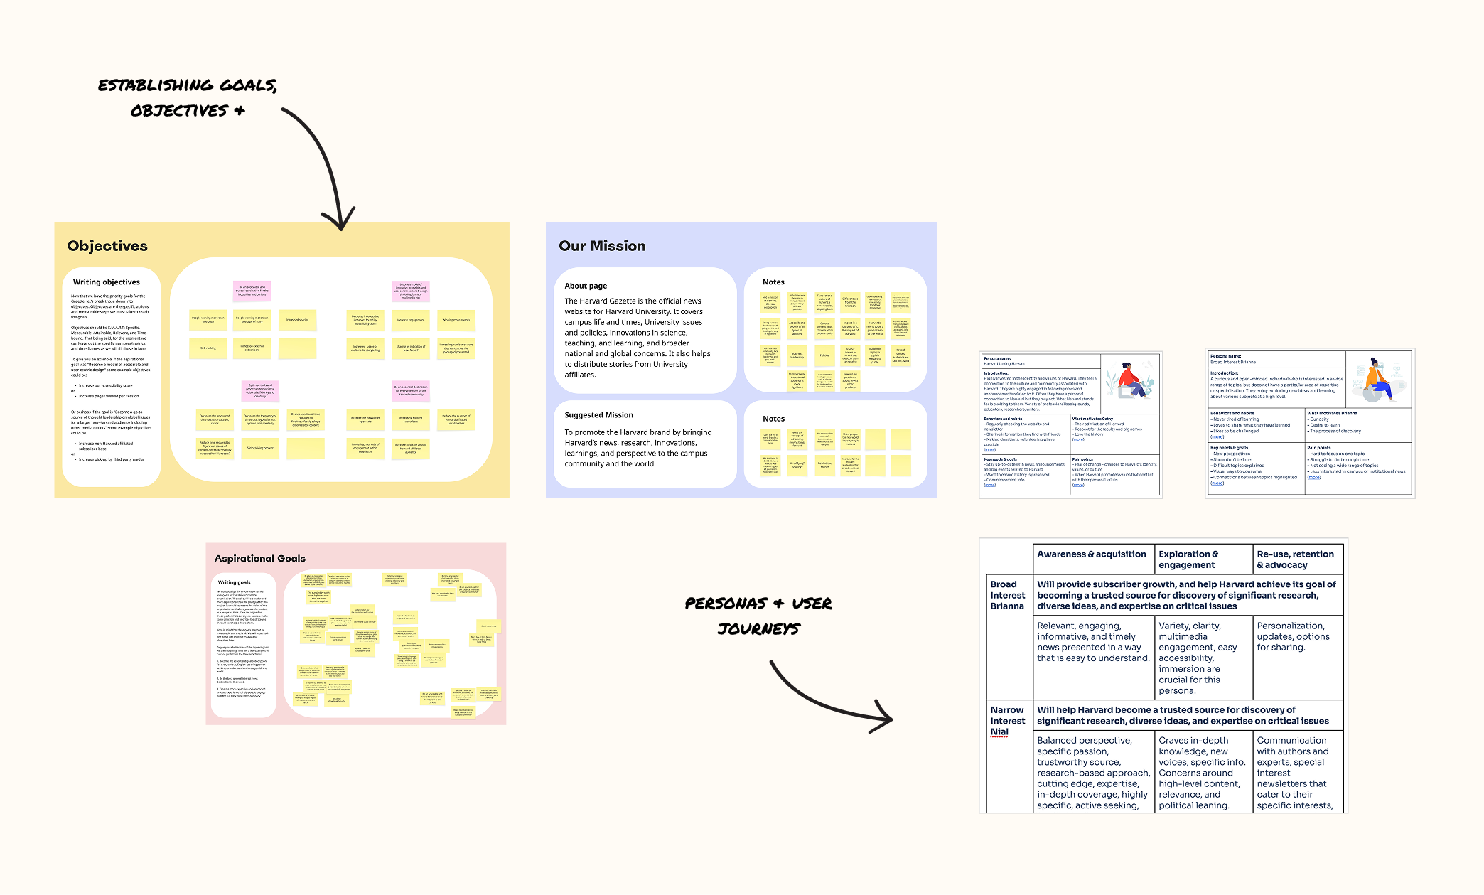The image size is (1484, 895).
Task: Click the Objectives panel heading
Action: (107, 246)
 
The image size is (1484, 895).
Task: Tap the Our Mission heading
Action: (602, 246)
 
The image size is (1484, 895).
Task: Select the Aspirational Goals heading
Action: (260, 559)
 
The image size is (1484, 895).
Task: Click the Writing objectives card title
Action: (107, 282)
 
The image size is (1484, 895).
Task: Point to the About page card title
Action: (586, 286)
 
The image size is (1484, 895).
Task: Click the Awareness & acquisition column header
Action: (1092, 554)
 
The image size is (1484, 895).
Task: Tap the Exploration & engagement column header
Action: (1188, 559)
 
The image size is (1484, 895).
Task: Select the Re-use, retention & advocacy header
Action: (1295, 559)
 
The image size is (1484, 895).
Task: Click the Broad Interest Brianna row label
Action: (1007, 595)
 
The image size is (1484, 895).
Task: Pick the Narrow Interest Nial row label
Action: (1007, 721)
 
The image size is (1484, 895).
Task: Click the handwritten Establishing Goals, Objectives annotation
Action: (187, 97)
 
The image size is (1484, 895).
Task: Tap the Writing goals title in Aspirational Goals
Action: (234, 582)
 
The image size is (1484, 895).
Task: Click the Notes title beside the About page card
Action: (773, 282)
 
